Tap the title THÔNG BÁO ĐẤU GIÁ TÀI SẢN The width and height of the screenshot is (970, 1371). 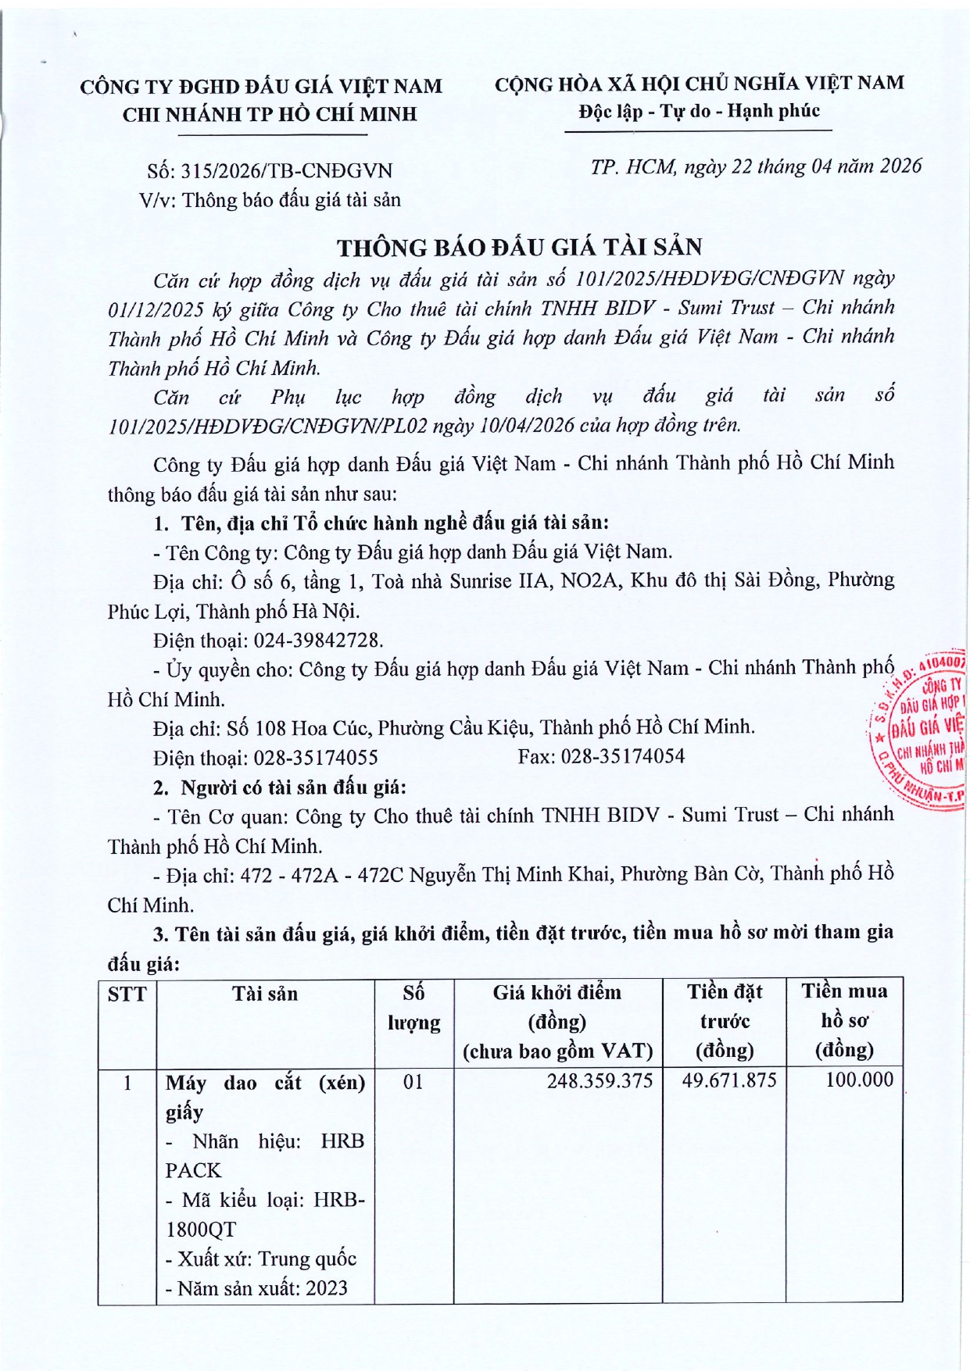coord(520,248)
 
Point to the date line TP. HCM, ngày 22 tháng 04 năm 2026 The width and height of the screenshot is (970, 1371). coord(756,166)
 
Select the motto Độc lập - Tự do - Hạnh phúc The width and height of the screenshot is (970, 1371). coord(699,112)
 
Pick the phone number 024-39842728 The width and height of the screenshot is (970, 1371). coord(318,641)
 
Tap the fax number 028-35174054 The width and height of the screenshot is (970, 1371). coord(622,756)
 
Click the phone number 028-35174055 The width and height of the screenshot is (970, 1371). coord(316,758)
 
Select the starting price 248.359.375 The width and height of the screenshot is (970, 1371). coord(600,1080)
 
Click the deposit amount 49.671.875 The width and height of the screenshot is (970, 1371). coord(729,1080)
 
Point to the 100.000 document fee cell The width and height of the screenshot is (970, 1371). coord(859,1080)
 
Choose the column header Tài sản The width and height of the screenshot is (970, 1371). coord(265,994)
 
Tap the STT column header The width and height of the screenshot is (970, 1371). coord(127,994)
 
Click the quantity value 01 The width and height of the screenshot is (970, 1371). coord(413,1082)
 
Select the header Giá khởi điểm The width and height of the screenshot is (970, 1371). coord(557,993)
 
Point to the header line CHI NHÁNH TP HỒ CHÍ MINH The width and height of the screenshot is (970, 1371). coord(270,115)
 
